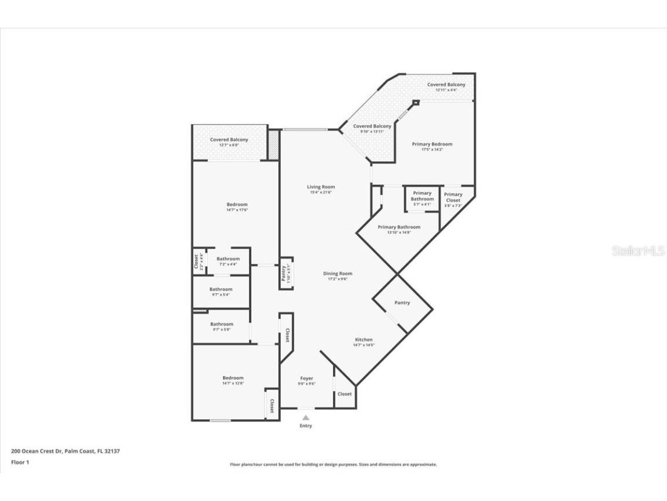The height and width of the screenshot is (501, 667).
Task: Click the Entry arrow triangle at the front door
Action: click(x=306, y=416)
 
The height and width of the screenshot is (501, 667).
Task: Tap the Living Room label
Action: click(x=321, y=187)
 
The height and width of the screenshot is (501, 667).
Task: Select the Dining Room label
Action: click(x=338, y=274)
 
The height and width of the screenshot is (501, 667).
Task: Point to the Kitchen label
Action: click(x=364, y=340)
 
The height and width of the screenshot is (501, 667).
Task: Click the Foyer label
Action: click(x=306, y=379)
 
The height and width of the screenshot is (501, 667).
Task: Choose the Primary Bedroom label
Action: click(x=432, y=144)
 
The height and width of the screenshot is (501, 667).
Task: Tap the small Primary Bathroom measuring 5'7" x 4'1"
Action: click(x=422, y=197)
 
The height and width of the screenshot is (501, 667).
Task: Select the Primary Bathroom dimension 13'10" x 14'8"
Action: click(x=398, y=233)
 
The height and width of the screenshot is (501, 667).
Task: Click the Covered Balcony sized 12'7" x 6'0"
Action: click(x=229, y=142)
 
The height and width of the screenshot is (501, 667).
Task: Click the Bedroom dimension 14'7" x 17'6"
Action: click(x=237, y=210)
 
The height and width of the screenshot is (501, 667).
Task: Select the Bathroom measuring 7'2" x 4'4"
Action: click(x=228, y=262)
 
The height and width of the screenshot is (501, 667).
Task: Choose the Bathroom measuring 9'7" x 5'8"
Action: click(x=221, y=327)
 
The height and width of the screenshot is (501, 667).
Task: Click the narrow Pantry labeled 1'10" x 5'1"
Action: click(x=286, y=273)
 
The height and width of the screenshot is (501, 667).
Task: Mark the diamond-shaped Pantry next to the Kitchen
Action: click(x=402, y=303)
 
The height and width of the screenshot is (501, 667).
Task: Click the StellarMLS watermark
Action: click(x=638, y=251)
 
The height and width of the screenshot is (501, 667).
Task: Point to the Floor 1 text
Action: click(x=20, y=462)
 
